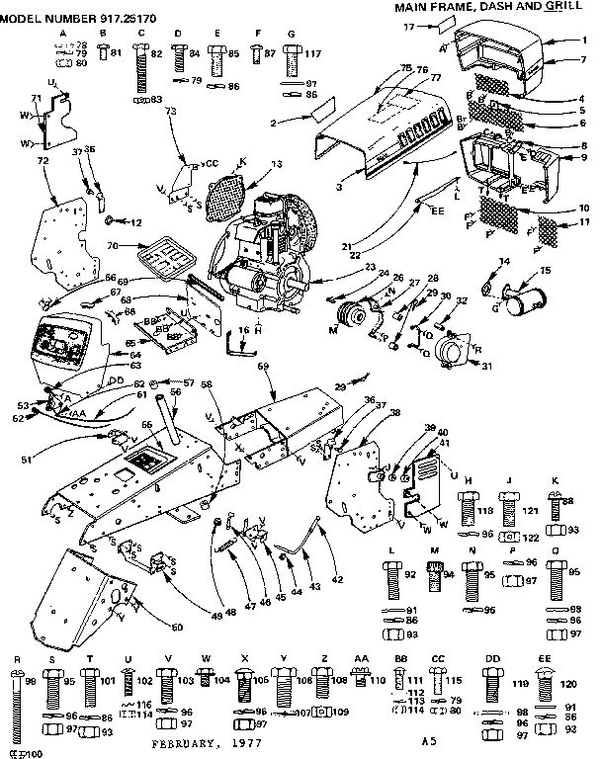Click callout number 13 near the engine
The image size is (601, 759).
(275, 163)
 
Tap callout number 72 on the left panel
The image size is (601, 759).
(42, 159)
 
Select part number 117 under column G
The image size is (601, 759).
(314, 52)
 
